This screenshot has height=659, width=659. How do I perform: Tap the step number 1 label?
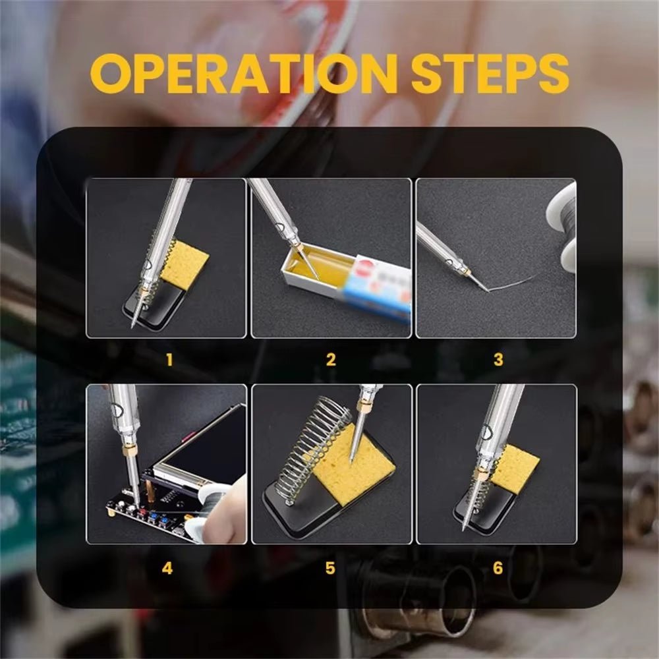[169, 360]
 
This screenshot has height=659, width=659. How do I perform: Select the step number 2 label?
[331, 360]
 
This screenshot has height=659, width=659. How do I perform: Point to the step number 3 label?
[498, 360]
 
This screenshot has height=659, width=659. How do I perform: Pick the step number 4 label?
[167, 567]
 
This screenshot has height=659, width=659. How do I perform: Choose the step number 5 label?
[330, 567]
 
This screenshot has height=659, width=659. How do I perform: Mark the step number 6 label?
[498, 567]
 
